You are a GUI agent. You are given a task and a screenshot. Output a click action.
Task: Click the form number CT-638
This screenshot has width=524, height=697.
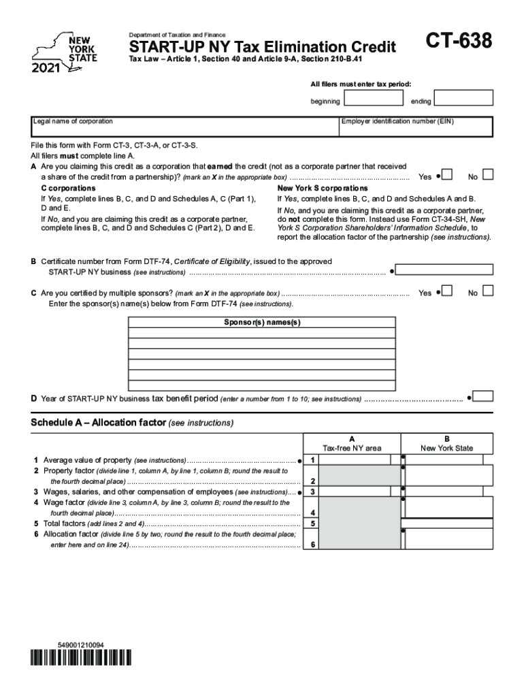[x=459, y=42]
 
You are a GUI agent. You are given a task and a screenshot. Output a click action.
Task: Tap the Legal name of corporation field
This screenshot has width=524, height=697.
[x=185, y=127]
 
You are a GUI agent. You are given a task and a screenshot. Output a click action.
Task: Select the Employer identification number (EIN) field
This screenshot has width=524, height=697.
[x=416, y=127]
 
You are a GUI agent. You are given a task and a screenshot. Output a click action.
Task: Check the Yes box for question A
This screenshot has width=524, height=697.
[x=448, y=176]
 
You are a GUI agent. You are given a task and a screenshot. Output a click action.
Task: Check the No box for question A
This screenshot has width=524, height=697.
[x=487, y=176]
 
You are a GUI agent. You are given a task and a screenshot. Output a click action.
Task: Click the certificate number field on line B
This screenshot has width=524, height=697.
[x=444, y=270]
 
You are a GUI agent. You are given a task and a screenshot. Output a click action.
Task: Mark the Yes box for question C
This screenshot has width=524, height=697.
[x=448, y=291]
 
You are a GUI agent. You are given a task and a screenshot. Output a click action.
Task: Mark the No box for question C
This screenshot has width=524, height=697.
[x=487, y=291]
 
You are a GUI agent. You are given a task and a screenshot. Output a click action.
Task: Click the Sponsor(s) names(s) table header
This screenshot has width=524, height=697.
[x=262, y=322]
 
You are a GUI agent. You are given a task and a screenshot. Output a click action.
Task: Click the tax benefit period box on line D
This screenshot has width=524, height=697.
[x=484, y=396]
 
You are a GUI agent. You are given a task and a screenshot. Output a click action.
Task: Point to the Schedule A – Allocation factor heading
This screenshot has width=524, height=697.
[x=132, y=423]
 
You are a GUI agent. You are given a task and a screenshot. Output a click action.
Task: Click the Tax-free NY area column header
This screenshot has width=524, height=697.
[x=352, y=444]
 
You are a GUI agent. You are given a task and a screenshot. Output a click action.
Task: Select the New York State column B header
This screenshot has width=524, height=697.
[x=446, y=444]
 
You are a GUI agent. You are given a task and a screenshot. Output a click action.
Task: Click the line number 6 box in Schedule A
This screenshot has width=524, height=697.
[x=312, y=545]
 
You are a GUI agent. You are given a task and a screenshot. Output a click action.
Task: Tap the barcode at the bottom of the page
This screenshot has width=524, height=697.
[x=80, y=658]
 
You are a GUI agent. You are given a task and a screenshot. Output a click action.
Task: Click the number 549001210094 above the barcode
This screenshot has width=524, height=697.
[x=81, y=644]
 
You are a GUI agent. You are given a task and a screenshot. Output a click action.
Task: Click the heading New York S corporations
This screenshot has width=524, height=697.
[x=323, y=188]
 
